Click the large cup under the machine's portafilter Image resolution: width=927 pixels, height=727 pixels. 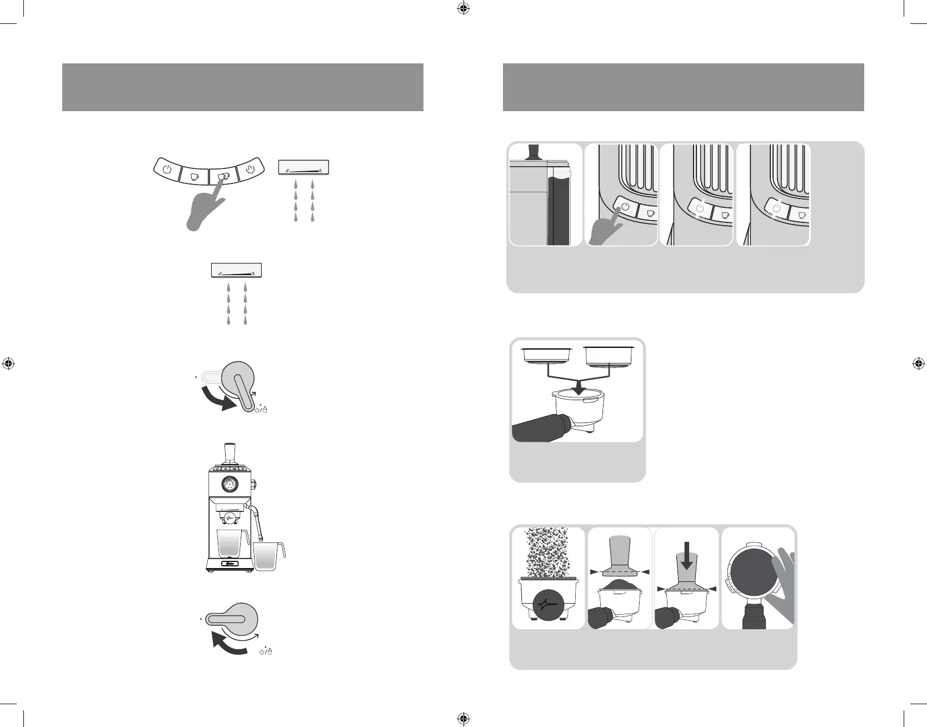pos(232,544)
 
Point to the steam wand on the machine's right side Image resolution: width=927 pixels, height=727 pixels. pos(257,522)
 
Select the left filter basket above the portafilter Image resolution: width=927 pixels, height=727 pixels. pos(547,356)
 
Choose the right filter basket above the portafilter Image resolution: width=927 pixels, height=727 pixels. pos(610,356)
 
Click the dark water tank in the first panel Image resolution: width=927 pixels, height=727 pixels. pos(558,208)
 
